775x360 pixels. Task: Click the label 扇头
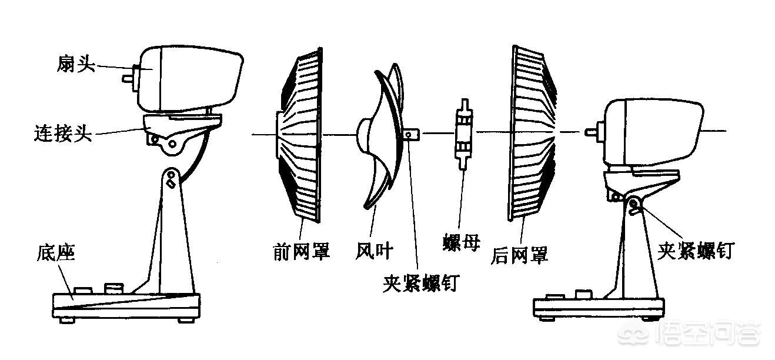[x=75, y=64]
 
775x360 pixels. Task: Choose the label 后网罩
[x=519, y=255]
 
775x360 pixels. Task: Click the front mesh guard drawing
[x=300, y=135]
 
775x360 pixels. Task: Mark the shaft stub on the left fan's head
[x=128, y=77]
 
